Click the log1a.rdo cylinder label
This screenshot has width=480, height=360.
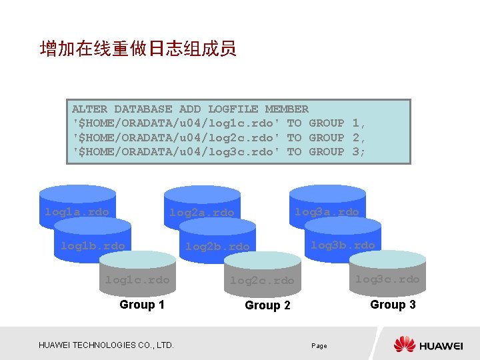[77, 212]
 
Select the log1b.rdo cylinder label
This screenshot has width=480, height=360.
[93, 246]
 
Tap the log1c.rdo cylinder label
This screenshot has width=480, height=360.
[137, 280]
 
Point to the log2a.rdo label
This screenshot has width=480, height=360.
[202, 213]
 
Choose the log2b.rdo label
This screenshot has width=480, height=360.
[217, 247]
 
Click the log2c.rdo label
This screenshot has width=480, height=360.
[262, 281]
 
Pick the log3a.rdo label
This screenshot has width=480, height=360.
[327, 212]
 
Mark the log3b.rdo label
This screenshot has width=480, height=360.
[343, 245]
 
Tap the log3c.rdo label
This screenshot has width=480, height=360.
[387, 279]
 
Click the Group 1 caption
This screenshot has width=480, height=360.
[142, 305]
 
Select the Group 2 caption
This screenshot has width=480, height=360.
[267, 305]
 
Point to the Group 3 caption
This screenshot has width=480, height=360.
[393, 305]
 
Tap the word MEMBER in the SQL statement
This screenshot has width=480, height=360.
[287, 109]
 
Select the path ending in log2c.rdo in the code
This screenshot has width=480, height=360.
[175, 137]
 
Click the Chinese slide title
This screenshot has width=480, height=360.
[138, 49]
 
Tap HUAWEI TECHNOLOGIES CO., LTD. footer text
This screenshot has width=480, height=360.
[107, 345]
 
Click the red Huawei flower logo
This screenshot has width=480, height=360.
[405, 344]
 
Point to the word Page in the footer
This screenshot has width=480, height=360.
[319, 346]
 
